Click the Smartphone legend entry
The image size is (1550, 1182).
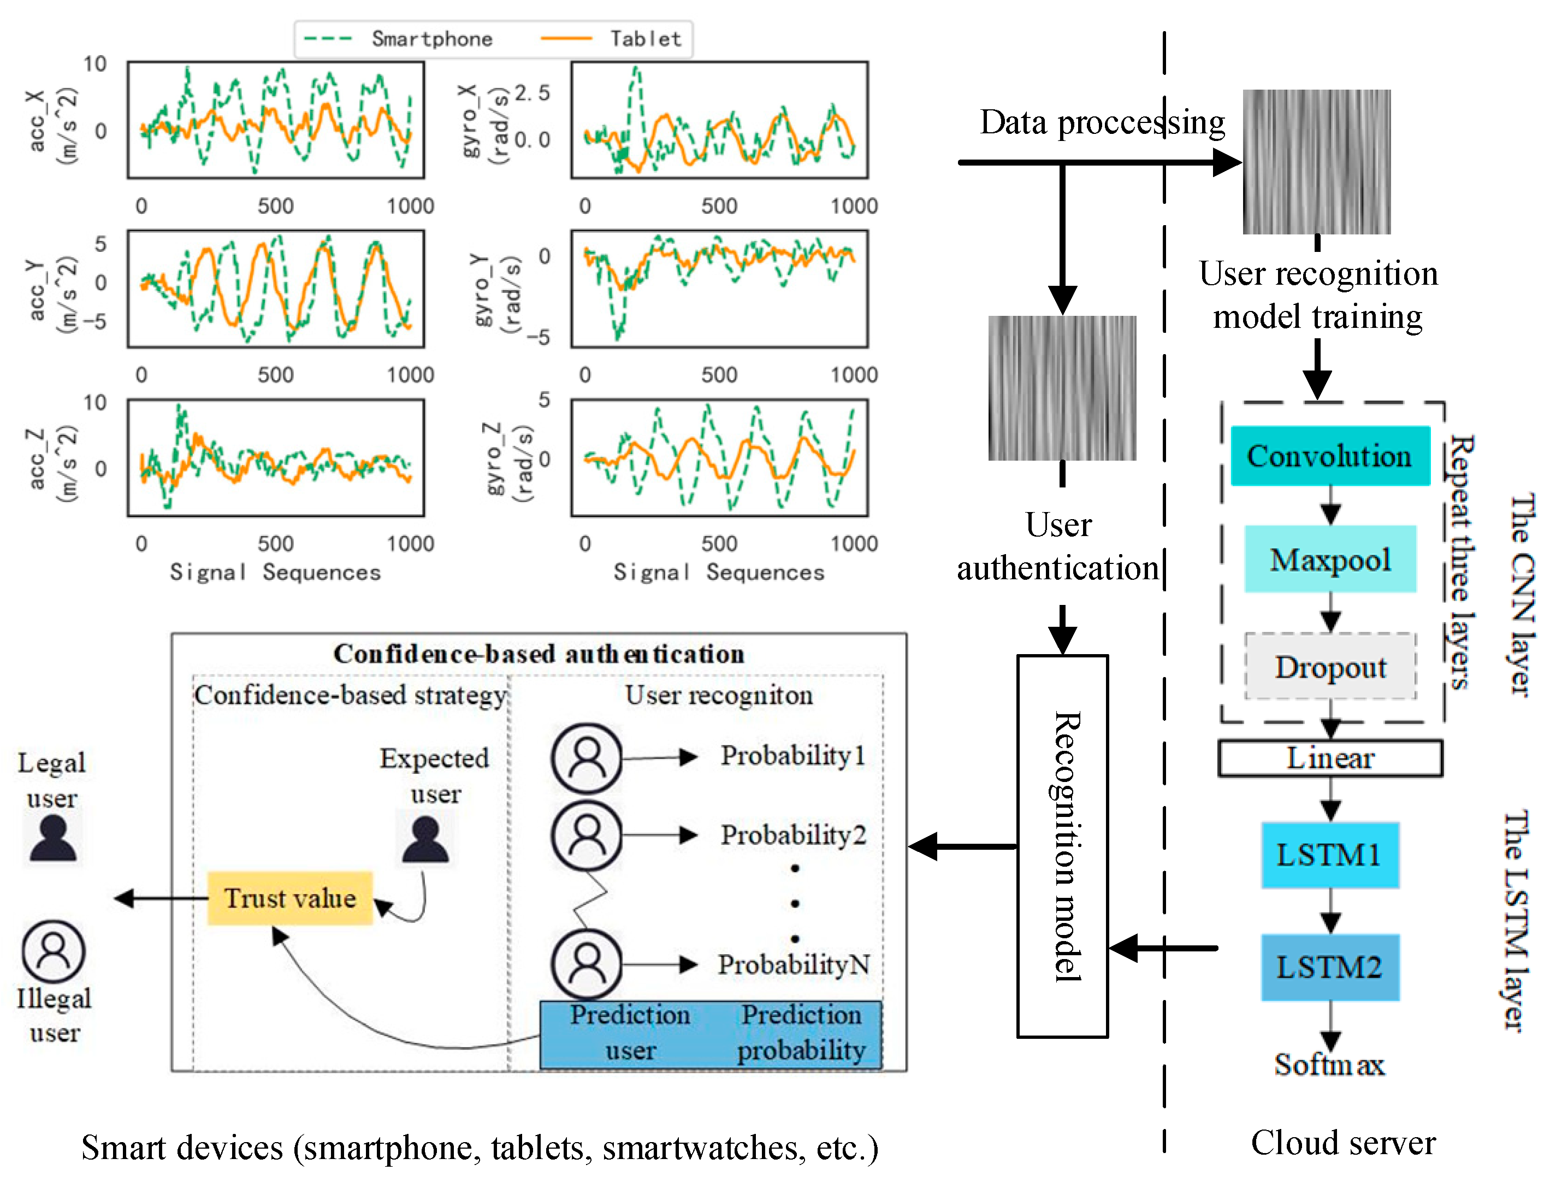(x=431, y=39)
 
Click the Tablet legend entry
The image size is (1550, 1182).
(x=645, y=39)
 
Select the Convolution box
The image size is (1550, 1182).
(x=1329, y=456)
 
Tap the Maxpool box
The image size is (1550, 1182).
(x=1329, y=560)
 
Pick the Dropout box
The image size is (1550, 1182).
(x=1330, y=666)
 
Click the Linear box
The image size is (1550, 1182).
(x=1330, y=758)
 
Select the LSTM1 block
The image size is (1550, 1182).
(x=1329, y=855)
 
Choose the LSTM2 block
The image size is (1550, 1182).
(x=1329, y=967)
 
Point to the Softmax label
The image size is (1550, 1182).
(x=1329, y=1064)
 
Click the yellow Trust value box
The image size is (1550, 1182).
(x=290, y=898)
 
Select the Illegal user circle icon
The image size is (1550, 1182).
(x=54, y=950)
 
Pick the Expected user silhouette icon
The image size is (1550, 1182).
(x=425, y=839)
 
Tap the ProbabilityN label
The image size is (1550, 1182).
(x=793, y=964)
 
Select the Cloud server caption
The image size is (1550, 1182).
(x=1342, y=1143)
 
